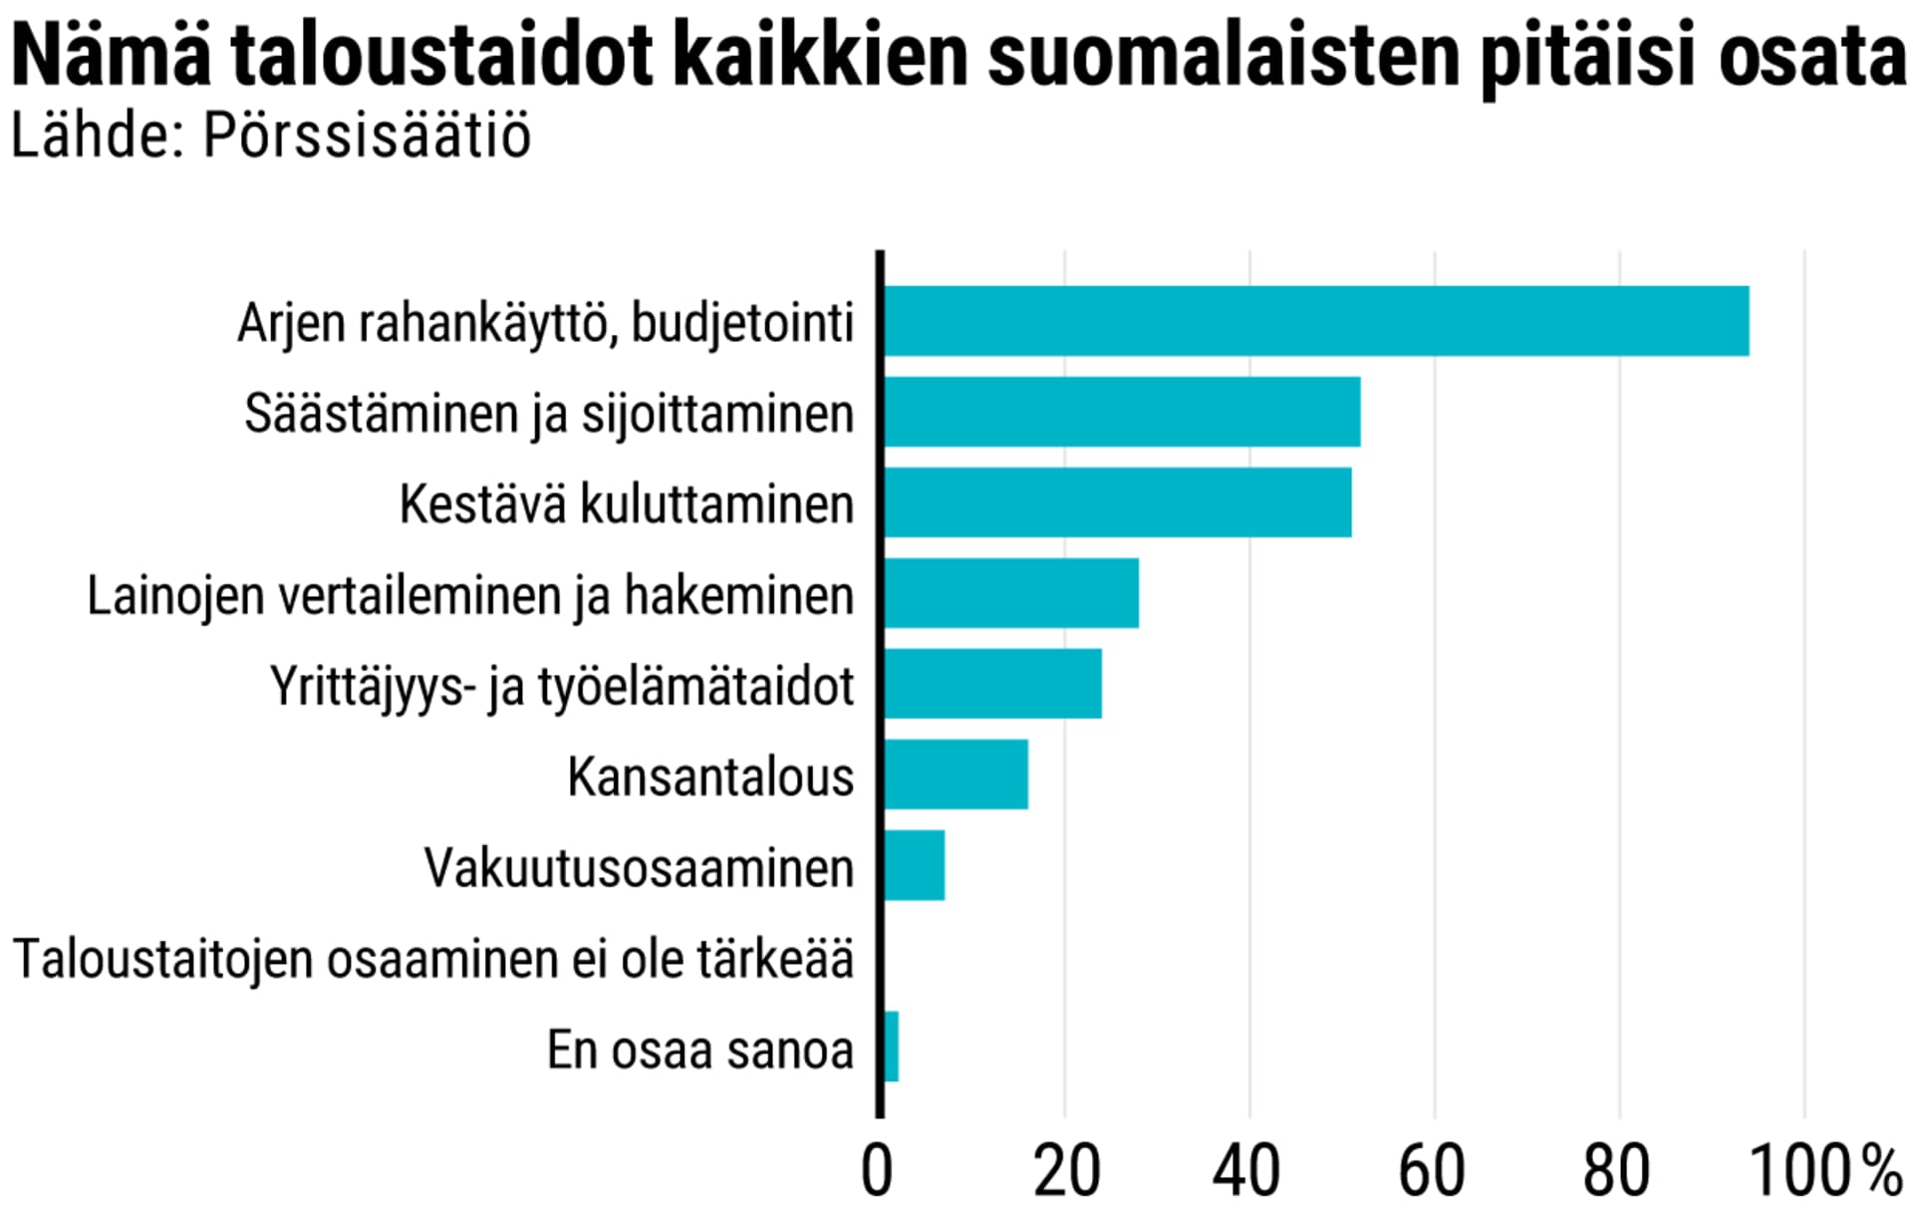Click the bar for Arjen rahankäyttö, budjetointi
(1315, 321)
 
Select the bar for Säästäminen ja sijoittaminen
(1122, 412)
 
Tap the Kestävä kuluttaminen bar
(1117, 502)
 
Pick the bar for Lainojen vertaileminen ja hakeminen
(1010, 593)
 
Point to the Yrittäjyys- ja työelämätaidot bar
(992, 684)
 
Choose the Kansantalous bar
(956, 774)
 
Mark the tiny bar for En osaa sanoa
(892, 1047)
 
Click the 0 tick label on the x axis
(877, 1171)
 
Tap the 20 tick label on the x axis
(1066, 1171)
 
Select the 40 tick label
(1247, 1171)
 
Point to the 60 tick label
(1432, 1171)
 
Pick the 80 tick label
(1616, 1171)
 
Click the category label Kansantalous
(710, 776)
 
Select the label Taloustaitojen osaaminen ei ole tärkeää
(433, 959)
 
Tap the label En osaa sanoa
(700, 1050)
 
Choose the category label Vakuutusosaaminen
(639, 867)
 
